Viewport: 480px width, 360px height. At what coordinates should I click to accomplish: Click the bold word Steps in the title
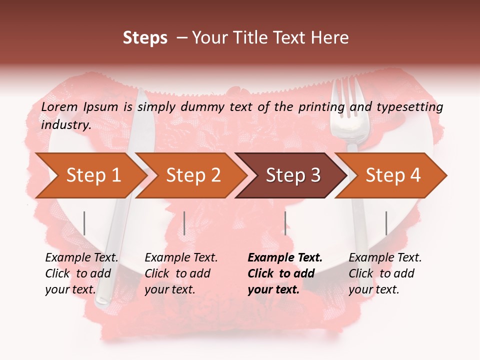coord(145,38)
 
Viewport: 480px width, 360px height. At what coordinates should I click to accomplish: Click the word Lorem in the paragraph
coord(59,106)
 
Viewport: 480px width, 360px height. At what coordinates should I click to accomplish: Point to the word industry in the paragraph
coord(65,124)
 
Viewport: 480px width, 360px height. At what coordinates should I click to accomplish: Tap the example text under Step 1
coord(81,273)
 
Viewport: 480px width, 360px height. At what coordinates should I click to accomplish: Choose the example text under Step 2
coord(181,273)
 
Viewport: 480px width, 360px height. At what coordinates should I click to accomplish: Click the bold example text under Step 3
coord(285,273)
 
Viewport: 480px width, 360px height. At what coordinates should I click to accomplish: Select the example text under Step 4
coord(385,273)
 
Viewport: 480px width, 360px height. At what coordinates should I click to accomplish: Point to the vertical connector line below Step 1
coord(84,223)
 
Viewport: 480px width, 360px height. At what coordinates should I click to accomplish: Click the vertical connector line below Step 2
coord(184,223)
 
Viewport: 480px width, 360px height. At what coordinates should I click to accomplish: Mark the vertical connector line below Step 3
coord(285,223)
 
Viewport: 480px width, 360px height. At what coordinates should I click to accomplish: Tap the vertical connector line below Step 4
coord(386,223)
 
